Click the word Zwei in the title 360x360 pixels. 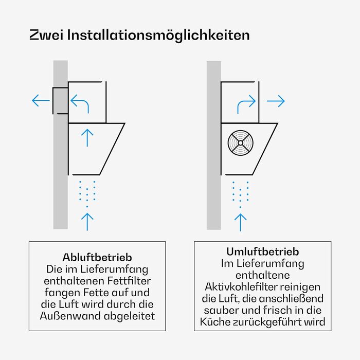point(46,35)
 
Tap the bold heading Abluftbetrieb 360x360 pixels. point(97,257)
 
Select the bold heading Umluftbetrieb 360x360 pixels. point(263,251)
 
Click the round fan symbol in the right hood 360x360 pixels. point(240,143)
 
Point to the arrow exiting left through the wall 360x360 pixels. point(41,100)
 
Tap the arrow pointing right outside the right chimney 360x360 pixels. point(276,101)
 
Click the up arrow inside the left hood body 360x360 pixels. point(87,138)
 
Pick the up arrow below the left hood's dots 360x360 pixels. point(87,222)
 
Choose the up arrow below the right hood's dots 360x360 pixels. point(240,222)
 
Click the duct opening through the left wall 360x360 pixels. point(61,101)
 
